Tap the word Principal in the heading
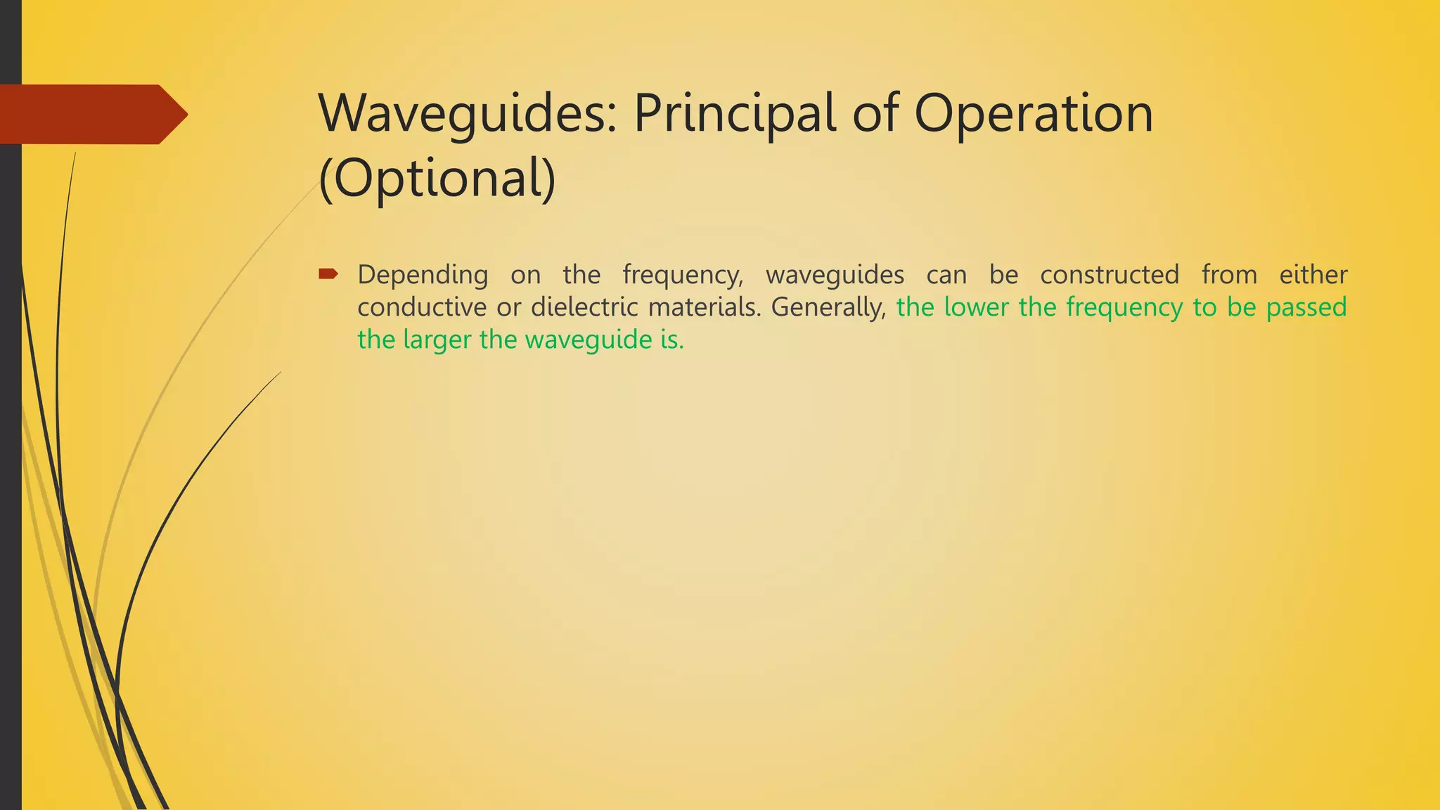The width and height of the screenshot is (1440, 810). pyautogui.click(x=735, y=114)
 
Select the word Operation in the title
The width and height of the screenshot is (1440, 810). pyautogui.click(x=1034, y=114)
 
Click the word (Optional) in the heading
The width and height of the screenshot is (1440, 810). pyautogui.click(x=437, y=179)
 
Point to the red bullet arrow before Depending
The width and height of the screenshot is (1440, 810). pyautogui.click(x=328, y=274)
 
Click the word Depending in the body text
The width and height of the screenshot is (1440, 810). pyautogui.click(x=423, y=275)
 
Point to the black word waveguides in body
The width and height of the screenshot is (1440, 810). pyautogui.click(x=835, y=275)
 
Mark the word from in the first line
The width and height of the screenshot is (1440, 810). pyautogui.click(x=1229, y=275)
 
